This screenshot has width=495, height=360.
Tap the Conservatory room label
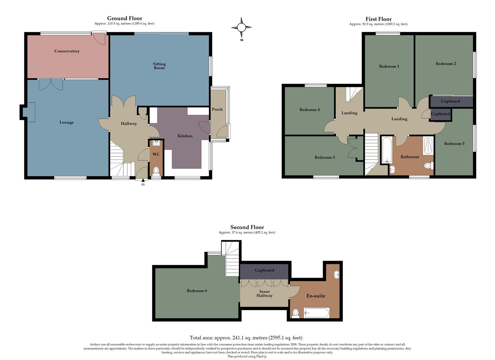point(67,51)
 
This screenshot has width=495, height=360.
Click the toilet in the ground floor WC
point(156,171)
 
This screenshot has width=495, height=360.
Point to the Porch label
point(217,109)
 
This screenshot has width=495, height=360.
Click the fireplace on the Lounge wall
point(31,112)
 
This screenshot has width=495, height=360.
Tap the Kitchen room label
point(185,136)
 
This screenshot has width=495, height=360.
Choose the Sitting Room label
point(159,66)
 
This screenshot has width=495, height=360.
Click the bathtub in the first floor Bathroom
point(387,149)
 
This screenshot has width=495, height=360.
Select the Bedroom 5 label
point(454,144)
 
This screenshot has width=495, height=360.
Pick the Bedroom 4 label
point(309,110)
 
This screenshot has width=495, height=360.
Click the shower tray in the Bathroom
point(428,146)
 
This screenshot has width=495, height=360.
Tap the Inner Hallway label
point(264,293)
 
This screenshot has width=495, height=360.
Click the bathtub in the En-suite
point(316,313)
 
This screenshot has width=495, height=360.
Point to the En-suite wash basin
point(337,275)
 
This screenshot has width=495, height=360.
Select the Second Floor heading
point(247,227)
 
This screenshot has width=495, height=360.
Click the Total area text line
point(246,338)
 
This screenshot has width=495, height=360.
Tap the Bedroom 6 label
point(197,291)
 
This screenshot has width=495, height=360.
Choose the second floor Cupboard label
point(264,270)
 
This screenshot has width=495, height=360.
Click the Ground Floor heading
point(124,18)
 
